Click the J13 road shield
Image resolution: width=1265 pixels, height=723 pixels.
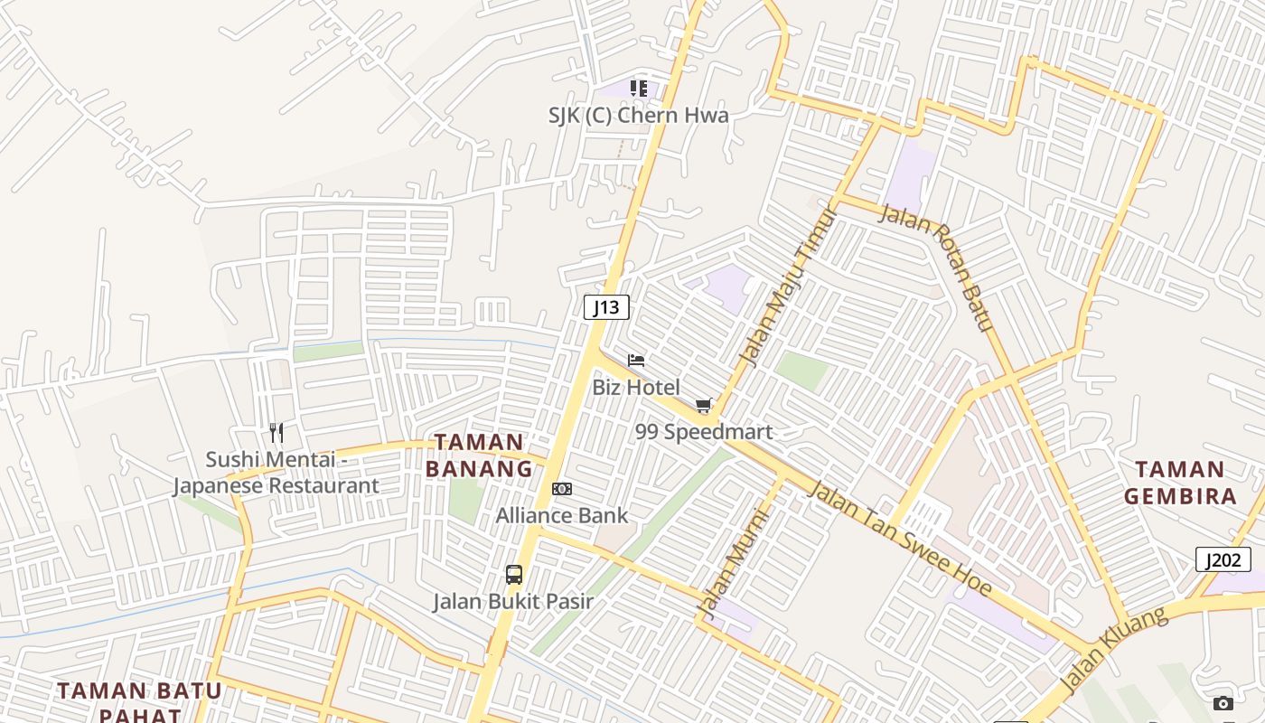[x=606, y=307]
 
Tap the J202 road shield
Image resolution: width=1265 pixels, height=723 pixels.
[x=1223, y=559]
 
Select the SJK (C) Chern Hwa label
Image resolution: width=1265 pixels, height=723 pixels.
[x=638, y=116]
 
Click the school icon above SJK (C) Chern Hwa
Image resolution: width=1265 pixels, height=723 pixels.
[x=639, y=89]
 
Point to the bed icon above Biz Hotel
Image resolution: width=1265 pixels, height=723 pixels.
[x=636, y=361]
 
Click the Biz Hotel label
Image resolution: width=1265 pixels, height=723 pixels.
[x=636, y=387]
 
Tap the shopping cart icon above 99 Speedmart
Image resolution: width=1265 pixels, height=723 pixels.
[x=703, y=406]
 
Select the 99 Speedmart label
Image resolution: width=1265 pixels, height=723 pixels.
[x=704, y=432]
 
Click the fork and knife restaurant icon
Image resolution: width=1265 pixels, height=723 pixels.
[x=276, y=433]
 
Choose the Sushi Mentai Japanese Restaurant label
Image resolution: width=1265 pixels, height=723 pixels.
[x=276, y=473]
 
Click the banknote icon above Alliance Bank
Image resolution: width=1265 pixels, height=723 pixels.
[x=562, y=489]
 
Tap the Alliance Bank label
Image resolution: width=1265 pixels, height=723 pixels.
[x=561, y=515]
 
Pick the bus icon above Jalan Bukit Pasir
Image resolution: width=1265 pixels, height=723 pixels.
[x=513, y=574]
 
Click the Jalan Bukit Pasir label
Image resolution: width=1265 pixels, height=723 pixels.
[x=512, y=601]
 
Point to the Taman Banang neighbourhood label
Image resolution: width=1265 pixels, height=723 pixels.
[x=479, y=455]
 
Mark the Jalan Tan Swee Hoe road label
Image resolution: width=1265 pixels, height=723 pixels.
[x=899, y=540]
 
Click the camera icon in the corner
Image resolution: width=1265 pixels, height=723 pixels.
[x=1223, y=703]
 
